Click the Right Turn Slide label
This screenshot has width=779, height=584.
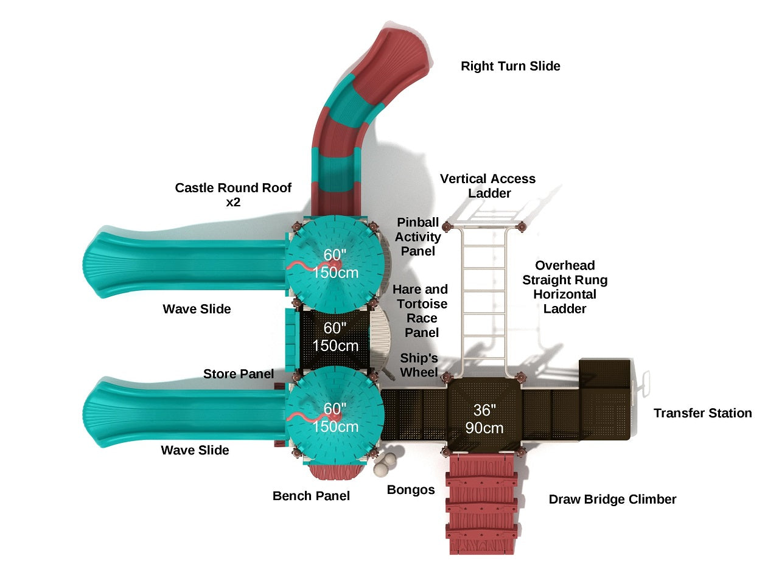(510, 66)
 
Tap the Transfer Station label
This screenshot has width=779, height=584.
(702, 413)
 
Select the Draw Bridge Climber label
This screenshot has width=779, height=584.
(612, 499)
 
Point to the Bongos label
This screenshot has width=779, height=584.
(411, 490)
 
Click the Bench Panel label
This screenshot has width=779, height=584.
(311, 496)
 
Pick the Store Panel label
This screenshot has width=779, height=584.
(239, 374)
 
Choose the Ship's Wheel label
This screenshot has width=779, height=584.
(419, 365)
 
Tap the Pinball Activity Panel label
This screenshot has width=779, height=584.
(418, 237)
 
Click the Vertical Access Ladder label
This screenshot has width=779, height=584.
(488, 186)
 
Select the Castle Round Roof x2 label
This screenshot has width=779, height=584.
(233, 195)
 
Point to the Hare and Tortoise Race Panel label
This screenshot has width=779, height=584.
(421, 311)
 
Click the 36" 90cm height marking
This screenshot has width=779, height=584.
(484, 419)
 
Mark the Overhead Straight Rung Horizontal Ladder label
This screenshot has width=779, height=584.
(565, 287)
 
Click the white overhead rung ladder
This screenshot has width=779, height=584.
(484, 298)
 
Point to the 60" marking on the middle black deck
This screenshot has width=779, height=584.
(335, 329)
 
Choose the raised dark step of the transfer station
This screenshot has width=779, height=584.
(604, 374)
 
